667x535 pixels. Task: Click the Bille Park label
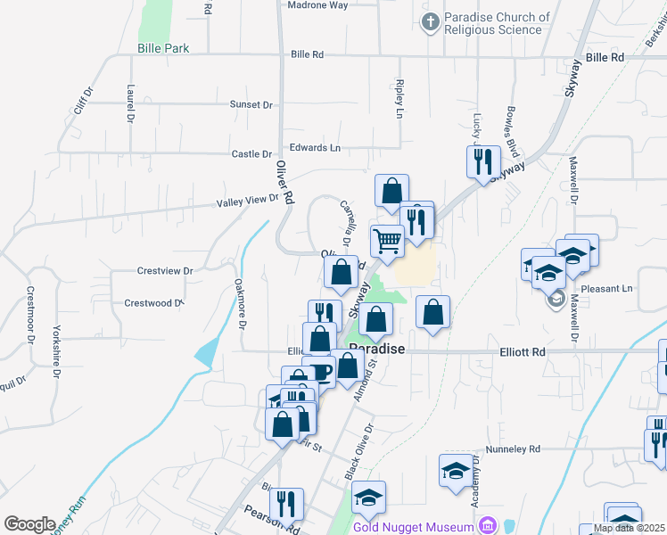coord(163,48)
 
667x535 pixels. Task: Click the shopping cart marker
coord(387,240)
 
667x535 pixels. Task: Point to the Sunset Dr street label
coord(251,104)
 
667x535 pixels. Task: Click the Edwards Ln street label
coord(314,147)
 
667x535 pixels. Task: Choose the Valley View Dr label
coord(248,202)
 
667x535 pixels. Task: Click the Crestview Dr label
coord(165,270)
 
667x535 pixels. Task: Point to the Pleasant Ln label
coord(606,289)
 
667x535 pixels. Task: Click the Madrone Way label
coord(317,5)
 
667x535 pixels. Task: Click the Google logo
coord(29,523)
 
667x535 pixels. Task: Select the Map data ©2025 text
coord(629,528)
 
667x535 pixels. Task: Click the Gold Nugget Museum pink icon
coord(486,526)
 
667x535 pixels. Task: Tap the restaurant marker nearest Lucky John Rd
coord(483,161)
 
